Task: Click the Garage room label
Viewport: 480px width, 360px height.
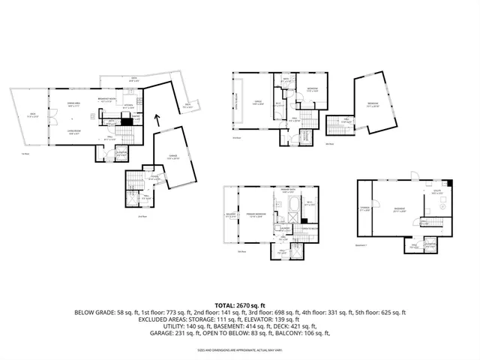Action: [172, 156]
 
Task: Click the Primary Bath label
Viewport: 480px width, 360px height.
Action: [286, 192]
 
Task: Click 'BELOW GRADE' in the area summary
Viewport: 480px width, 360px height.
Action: [94, 313]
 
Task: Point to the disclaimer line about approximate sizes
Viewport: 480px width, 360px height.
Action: [239, 350]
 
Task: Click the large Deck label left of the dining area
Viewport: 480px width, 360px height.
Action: [31, 116]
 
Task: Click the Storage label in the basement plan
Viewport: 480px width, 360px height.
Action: [365, 210]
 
